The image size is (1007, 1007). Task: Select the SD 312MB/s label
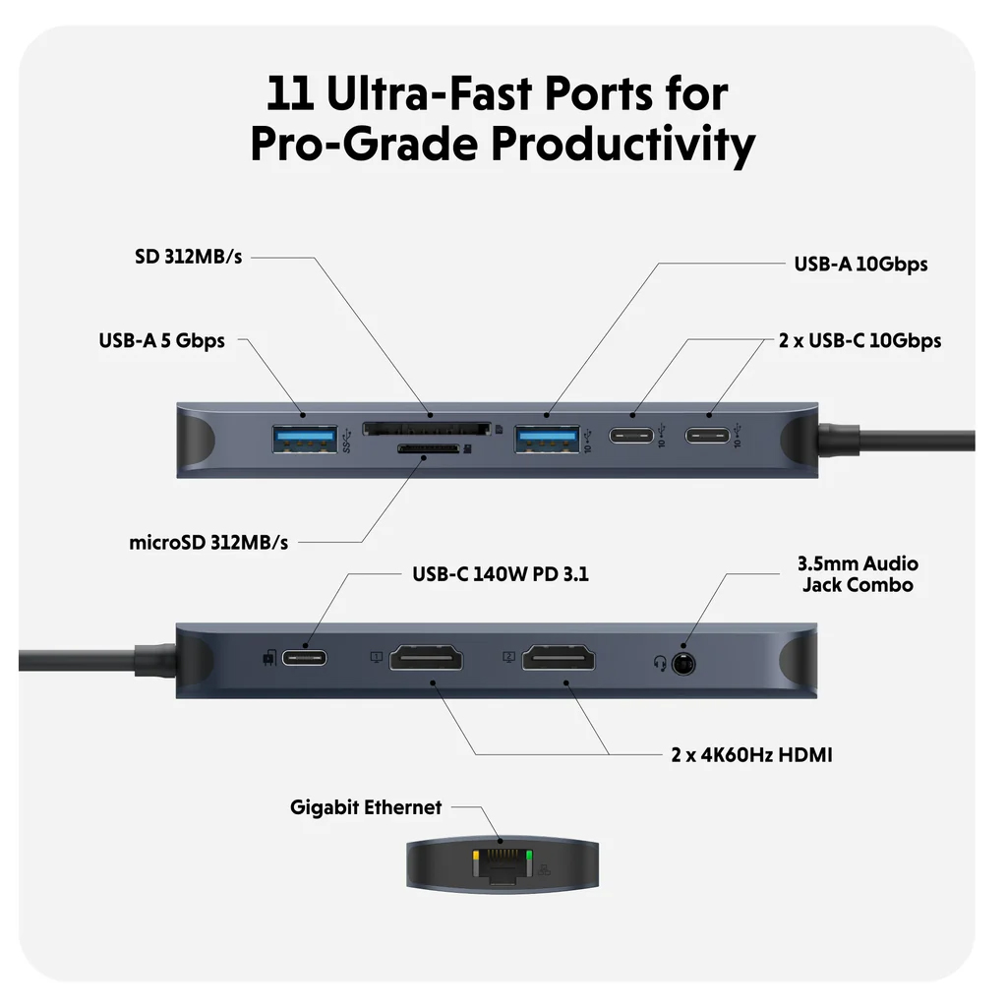click(x=188, y=257)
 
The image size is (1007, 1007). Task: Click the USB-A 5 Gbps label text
click(x=161, y=340)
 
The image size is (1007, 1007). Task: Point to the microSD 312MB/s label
click(x=208, y=542)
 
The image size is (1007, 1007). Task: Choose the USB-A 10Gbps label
click(x=860, y=264)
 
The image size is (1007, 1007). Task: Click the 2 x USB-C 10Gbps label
click(x=859, y=340)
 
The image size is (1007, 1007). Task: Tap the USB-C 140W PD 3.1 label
click(x=500, y=573)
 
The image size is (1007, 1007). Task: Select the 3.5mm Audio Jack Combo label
click(x=857, y=574)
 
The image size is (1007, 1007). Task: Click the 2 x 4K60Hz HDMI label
click(x=751, y=755)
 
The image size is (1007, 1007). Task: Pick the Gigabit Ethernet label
click(x=366, y=807)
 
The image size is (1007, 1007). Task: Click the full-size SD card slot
click(x=427, y=429)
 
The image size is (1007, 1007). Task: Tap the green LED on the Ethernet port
click(x=530, y=858)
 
